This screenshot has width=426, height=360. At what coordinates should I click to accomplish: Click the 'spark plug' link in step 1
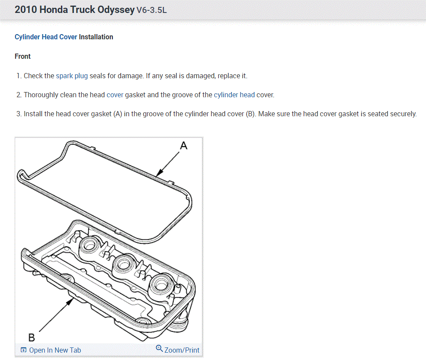[72, 76]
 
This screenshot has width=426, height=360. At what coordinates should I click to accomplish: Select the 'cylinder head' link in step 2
[234, 95]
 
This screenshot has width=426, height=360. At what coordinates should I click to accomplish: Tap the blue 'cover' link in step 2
[115, 95]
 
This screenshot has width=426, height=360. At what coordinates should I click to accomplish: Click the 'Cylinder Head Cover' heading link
[46, 37]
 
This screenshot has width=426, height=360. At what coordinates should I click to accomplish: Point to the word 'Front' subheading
[22, 56]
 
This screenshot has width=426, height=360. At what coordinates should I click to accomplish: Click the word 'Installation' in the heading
[96, 37]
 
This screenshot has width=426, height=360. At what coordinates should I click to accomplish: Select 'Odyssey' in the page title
[116, 10]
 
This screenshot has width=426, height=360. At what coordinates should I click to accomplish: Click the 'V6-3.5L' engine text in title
[151, 10]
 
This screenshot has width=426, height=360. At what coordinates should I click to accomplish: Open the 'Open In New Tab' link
[51, 350]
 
